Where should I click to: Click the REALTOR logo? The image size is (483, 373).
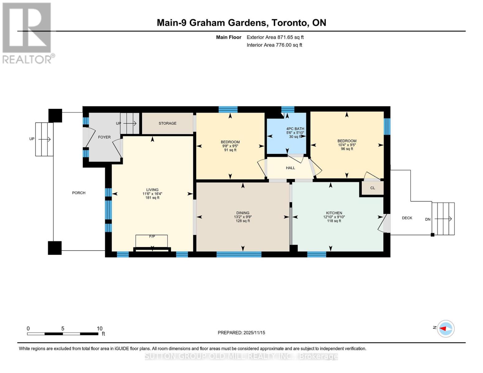(27, 33)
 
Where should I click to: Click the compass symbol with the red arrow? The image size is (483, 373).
(446, 329)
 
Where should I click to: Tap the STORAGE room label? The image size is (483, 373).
(167, 123)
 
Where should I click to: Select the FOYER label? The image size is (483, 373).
(104, 137)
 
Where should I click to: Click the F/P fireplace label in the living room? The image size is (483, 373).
(152, 237)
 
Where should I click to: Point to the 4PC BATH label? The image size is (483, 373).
(295, 129)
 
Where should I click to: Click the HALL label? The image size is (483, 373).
(290, 168)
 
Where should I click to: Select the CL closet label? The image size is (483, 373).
(372, 188)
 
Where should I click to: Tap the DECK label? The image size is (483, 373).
(407, 218)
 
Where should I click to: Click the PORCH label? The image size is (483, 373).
(79, 193)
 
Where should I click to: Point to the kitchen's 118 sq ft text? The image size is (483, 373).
(334, 221)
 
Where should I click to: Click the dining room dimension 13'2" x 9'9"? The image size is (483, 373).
(243, 217)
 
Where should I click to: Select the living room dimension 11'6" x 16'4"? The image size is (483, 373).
(152, 194)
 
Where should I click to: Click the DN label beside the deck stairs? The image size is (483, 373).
(428, 219)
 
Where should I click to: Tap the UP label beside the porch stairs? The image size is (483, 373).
(32, 139)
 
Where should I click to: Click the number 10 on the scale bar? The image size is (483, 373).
(99, 329)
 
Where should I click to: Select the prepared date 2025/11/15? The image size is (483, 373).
(254, 333)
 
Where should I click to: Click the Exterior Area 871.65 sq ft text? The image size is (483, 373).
(275, 37)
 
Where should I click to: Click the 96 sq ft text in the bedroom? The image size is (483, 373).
(347, 149)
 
